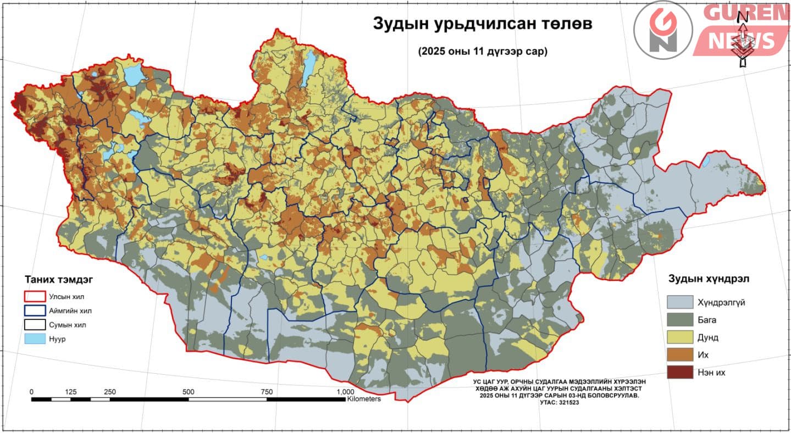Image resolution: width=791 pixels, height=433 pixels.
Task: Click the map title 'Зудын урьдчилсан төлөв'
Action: (475, 24)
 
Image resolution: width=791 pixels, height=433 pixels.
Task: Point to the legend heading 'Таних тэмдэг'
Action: (58, 279)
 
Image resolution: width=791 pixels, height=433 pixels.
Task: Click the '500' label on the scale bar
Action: (189, 391)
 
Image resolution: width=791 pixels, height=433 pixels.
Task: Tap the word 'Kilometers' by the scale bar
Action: (363, 399)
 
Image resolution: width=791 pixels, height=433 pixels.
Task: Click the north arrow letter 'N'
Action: (742, 16)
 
